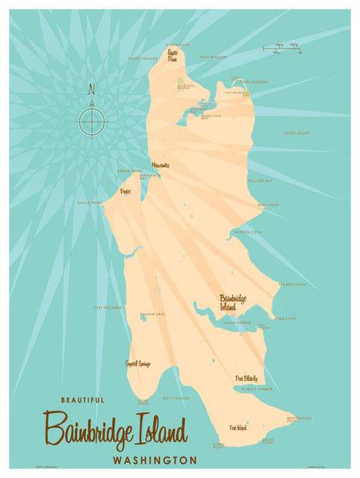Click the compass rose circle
[92, 119]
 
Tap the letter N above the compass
[92, 90]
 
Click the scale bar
[282, 49]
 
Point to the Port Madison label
[214, 57]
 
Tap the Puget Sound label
[297, 134]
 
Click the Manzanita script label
[160, 165]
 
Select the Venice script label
[126, 191]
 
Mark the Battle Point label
[89, 202]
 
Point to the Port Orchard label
[107, 308]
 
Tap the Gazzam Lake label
[152, 315]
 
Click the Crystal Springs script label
[137, 364]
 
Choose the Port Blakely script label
[246, 379]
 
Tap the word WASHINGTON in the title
[155, 459]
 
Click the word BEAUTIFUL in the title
[78, 400]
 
